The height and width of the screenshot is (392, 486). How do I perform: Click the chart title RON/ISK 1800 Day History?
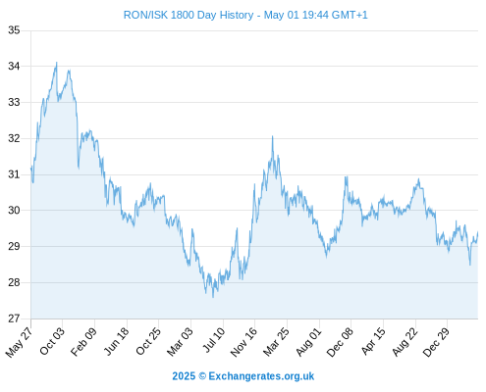189,15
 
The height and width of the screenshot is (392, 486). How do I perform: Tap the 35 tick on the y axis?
14,30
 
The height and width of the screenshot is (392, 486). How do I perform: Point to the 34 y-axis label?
14,67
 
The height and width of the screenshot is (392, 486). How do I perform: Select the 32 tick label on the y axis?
14,138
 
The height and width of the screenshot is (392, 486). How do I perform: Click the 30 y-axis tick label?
14,211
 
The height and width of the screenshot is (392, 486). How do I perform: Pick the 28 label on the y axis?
14,282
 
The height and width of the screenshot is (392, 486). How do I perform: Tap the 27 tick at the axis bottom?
14,318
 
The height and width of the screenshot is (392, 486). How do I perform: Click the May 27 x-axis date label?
20,342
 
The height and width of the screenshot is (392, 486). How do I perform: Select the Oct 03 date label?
52,341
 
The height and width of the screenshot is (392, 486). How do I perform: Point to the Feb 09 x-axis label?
84,341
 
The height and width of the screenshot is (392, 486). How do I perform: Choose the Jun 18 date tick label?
117,341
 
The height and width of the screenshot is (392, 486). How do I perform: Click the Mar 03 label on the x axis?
181,342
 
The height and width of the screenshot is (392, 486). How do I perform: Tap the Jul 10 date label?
214,340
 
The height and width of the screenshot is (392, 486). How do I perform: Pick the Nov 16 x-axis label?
244,342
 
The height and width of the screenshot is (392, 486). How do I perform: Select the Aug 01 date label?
309,342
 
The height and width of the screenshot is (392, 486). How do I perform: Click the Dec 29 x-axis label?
436,342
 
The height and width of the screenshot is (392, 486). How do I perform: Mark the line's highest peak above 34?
57,63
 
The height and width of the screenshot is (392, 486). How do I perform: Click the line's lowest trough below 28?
213,297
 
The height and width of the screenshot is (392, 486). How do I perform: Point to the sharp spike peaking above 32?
272,136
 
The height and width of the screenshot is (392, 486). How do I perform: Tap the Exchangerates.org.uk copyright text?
243,376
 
